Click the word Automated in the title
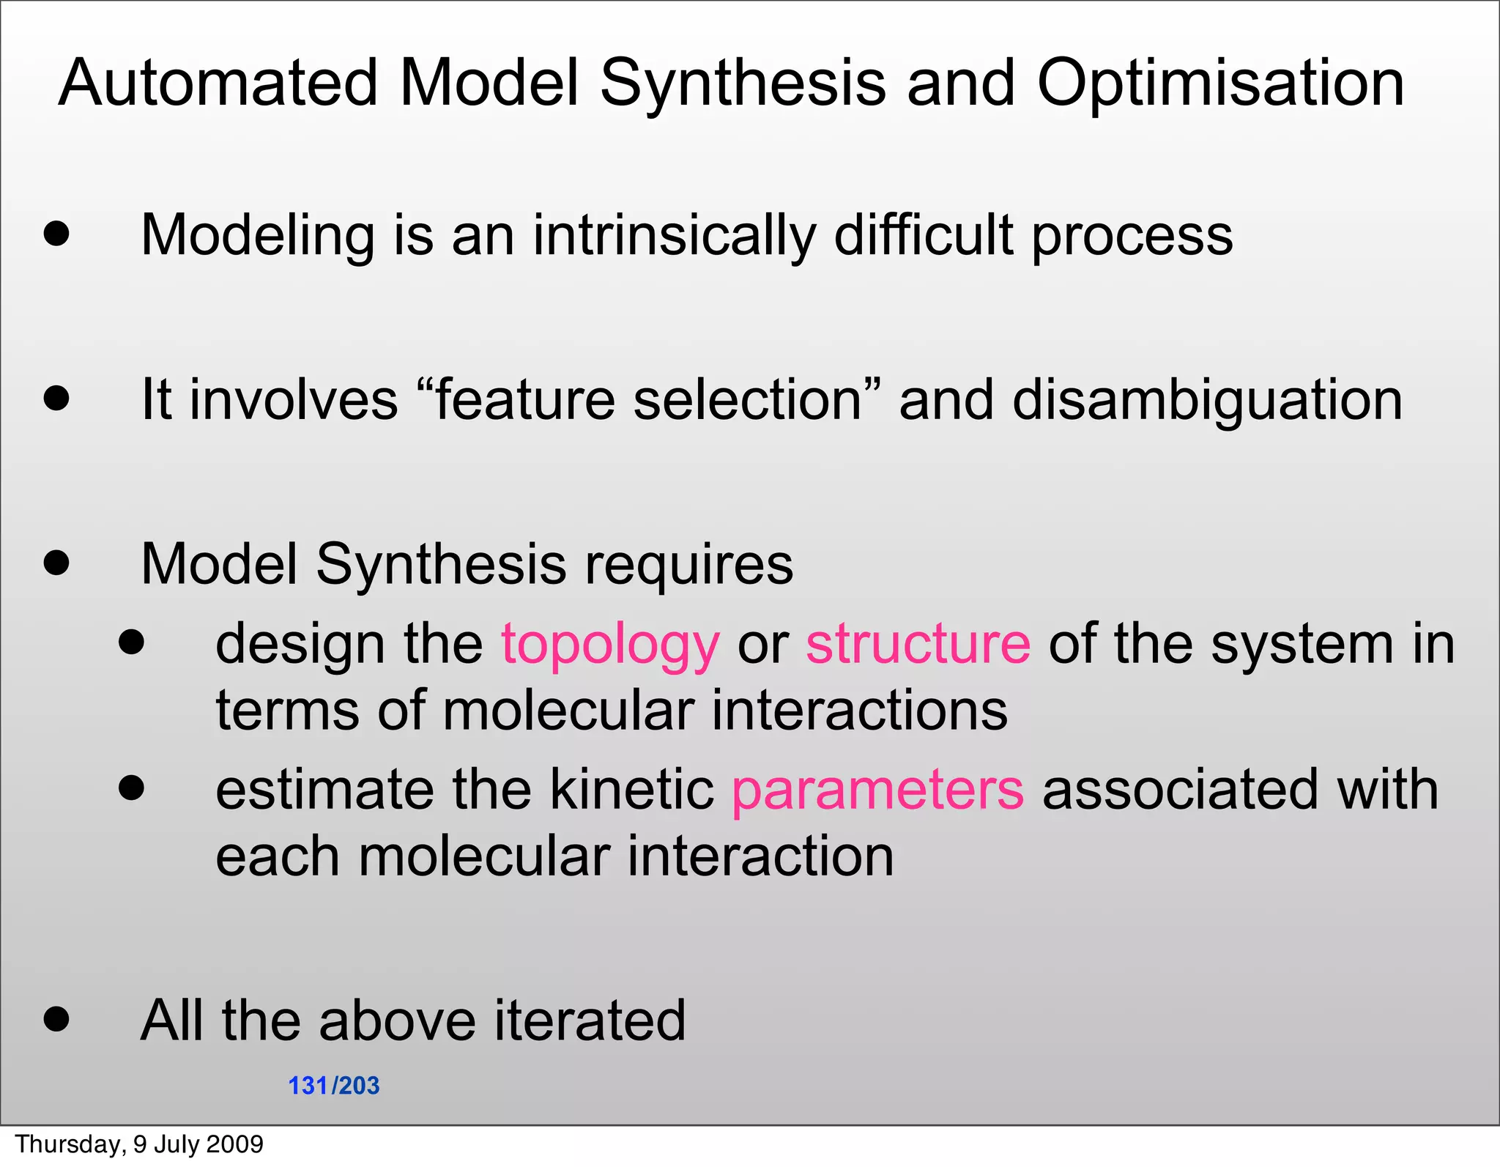tap(218, 83)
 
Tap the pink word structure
tap(918, 644)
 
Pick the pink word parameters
tap(877, 791)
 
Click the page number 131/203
tap(334, 1086)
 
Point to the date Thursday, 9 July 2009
tap(139, 1144)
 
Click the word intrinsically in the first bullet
tap(674, 237)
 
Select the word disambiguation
tap(1207, 401)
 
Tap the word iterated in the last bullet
tap(590, 1020)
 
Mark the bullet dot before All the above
tap(56, 1018)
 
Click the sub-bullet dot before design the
tap(132, 642)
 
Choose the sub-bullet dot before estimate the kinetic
tap(132, 788)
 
